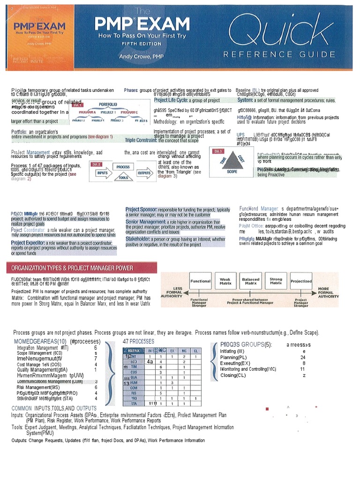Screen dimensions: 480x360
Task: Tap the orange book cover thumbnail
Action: pyautogui.click(x=30, y=42)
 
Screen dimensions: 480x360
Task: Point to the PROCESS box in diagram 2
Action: pyautogui.click(x=123, y=167)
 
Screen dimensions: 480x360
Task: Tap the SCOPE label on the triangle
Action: pyautogui.click(x=232, y=172)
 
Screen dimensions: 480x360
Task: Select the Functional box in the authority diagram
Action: pyautogui.click(x=200, y=281)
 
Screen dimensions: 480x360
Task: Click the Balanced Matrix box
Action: pyautogui.click(x=251, y=281)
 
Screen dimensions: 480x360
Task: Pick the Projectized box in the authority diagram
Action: pyautogui.click(x=301, y=281)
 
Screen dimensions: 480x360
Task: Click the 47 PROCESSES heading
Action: pyautogui.click(x=138, y=341)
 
